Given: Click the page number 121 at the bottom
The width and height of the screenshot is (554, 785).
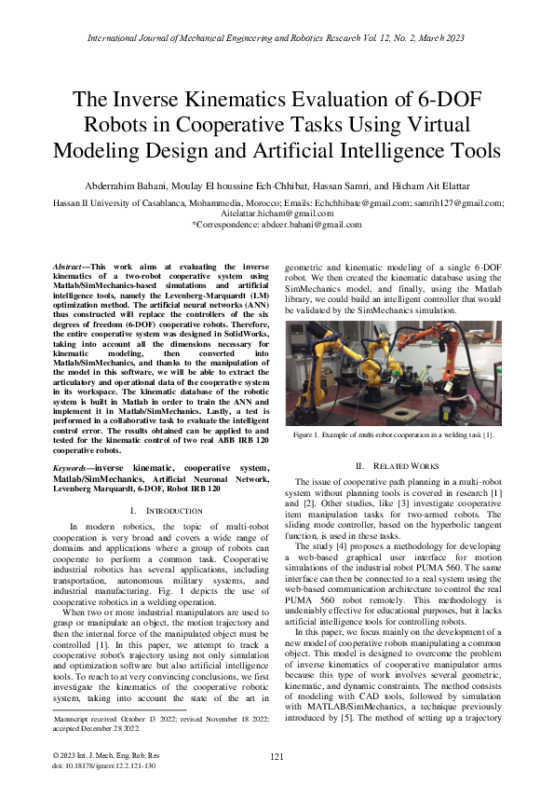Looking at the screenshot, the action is point(277,757).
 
